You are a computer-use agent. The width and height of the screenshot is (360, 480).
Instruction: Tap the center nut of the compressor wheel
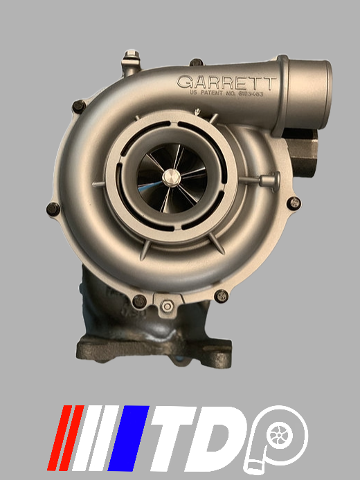[169, 177]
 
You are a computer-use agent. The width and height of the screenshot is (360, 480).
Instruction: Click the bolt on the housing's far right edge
[294, 203]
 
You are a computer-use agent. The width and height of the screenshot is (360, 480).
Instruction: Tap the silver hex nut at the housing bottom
[168, 306]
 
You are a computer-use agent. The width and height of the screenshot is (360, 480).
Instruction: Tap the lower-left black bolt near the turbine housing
[139, 300]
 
